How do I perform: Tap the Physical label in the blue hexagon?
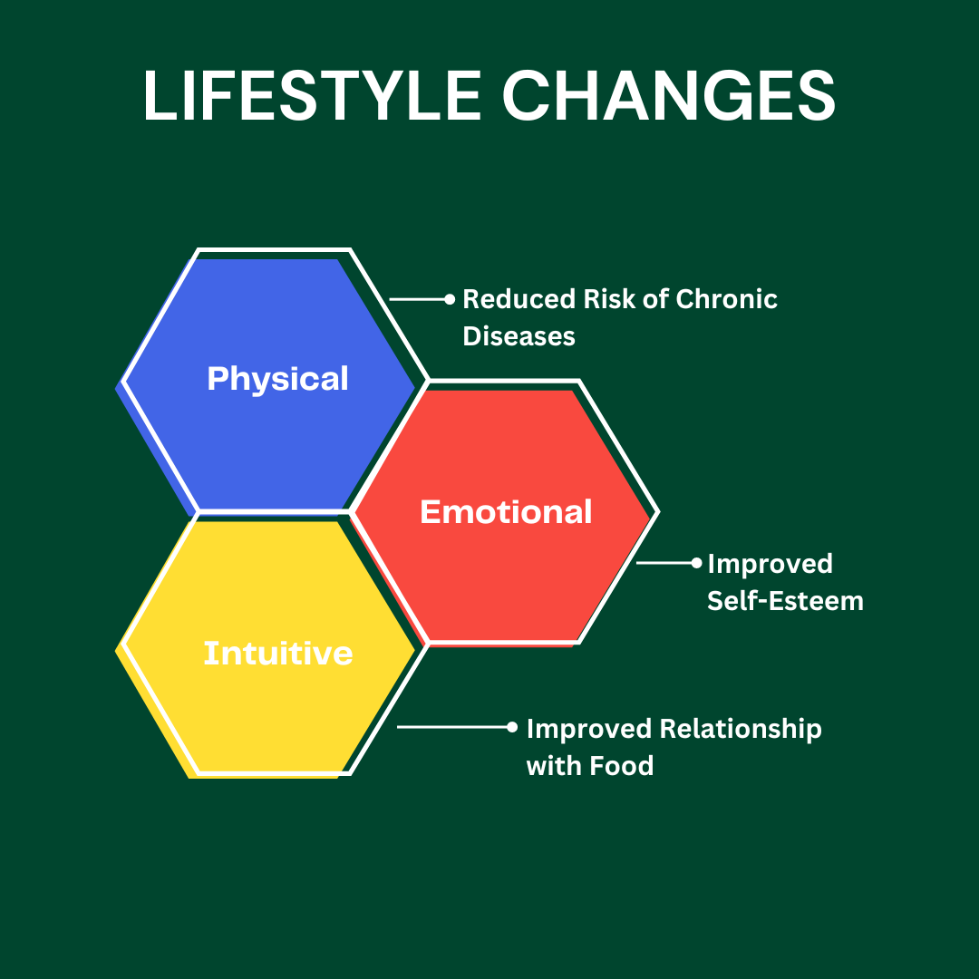(x=278, y=379)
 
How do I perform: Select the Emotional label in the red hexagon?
(x=506, y=512)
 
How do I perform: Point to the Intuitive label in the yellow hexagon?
(x=278, y=653)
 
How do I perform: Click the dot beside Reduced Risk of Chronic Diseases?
(x=450, y=300)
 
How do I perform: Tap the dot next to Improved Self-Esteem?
(x=697, y=563)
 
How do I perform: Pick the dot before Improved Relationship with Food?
(x=512, y=727)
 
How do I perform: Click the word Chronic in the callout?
(x=727, y=299)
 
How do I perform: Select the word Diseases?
(x=519, y=336)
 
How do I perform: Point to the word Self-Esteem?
(x=785, y=601)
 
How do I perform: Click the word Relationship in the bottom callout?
(x=741, y=730)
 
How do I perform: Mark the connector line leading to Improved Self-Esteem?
(x=664, y=563)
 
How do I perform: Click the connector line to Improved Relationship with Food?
(x=452, y=727)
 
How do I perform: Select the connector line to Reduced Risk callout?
(x=417, y=300)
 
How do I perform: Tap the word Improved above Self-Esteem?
(x=770, y=565)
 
